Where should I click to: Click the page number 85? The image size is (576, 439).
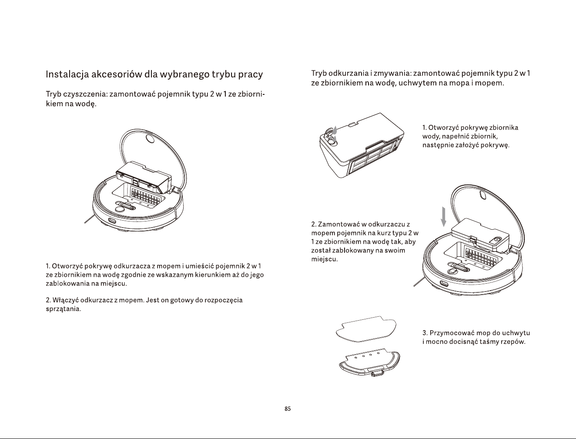[x=288, y=409]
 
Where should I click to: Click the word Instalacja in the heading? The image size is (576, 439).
[x=67, y=75]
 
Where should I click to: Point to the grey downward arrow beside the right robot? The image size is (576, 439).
[x=444, y=217]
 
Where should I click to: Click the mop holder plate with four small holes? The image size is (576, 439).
[x=370, y=362]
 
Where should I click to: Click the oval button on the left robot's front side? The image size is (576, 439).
[x=112, y=220]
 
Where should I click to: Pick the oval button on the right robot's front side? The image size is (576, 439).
[x=444, y=283]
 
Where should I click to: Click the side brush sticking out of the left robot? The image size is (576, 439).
[x=89, y=220]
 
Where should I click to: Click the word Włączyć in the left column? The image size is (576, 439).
[x=65, y=300]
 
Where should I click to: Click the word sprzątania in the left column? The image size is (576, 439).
[x=63, y=309]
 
